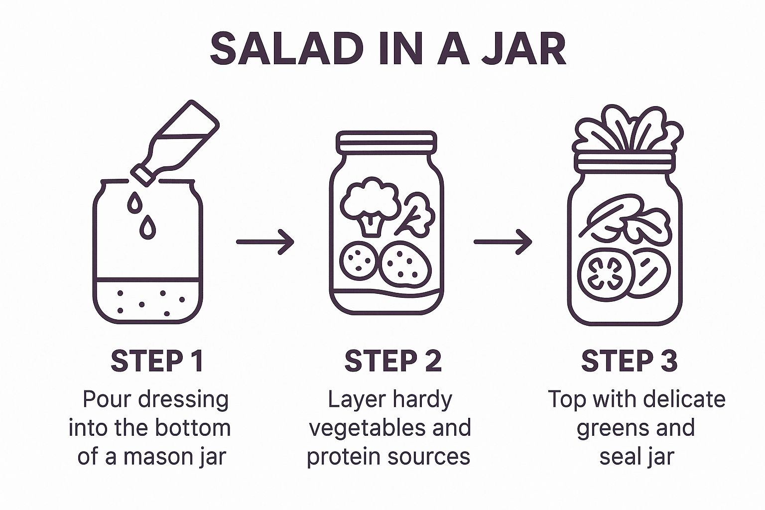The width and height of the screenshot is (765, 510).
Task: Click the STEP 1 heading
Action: [157, 361]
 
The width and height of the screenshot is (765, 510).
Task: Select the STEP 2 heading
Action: [393, 361]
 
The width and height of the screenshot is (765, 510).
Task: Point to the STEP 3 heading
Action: [630, 361]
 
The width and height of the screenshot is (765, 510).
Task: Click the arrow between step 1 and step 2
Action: [265, 242]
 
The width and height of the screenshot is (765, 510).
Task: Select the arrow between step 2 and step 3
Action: [503, 242]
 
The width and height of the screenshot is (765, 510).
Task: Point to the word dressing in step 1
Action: [183, 399]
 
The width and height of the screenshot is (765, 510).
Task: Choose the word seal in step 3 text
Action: [619, 456]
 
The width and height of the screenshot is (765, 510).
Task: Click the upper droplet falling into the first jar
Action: [134, 202]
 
